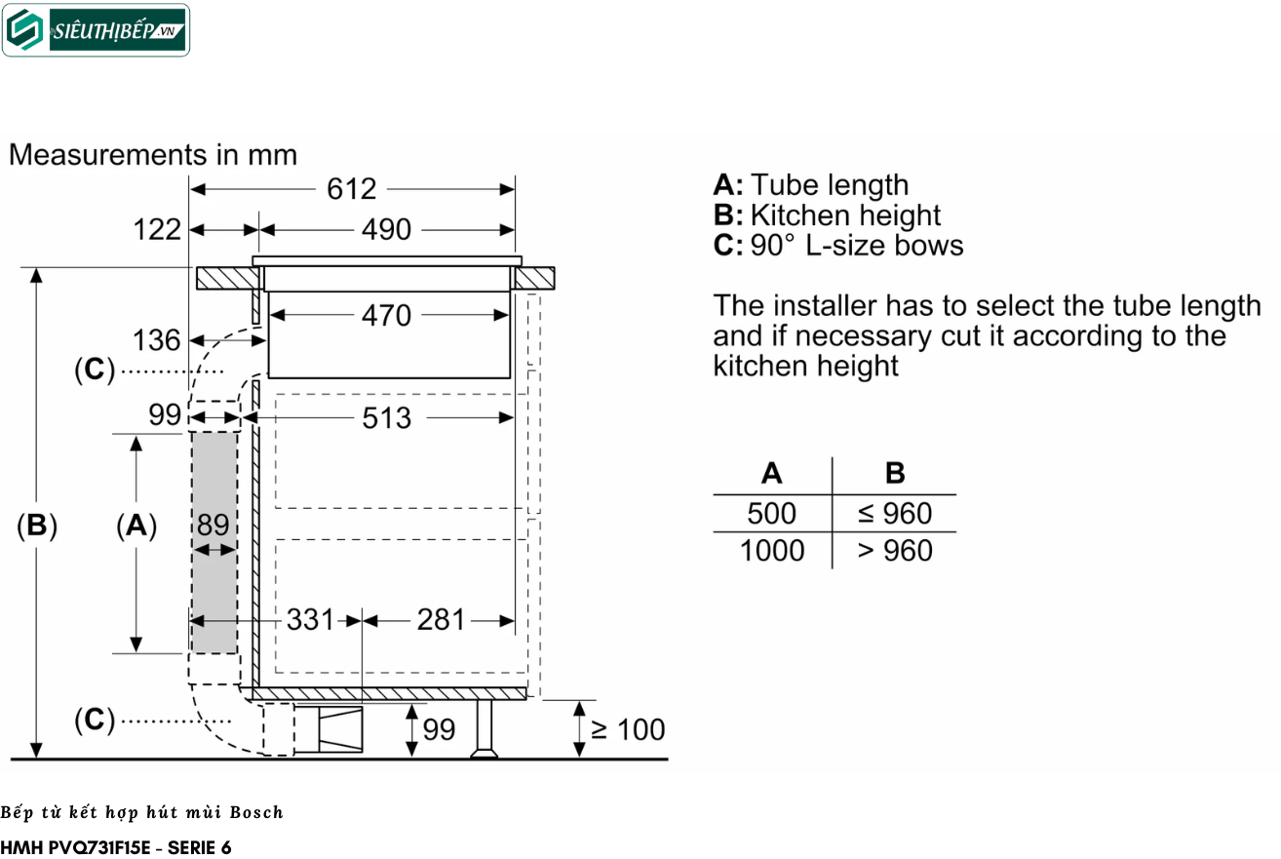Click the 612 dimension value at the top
351,189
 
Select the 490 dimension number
386,230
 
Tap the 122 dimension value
157,230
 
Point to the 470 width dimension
386,316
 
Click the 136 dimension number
156,340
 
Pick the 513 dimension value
387,418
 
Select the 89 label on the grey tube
213,525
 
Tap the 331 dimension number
310,619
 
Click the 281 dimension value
441,619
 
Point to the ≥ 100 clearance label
628,729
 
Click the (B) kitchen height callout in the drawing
37,525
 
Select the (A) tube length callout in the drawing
136,525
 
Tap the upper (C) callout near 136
95,370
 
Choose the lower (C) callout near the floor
95,720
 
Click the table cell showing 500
771,513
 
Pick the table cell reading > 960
895,551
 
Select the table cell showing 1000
772,551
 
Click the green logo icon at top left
24,30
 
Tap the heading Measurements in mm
153,155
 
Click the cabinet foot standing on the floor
484,729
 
